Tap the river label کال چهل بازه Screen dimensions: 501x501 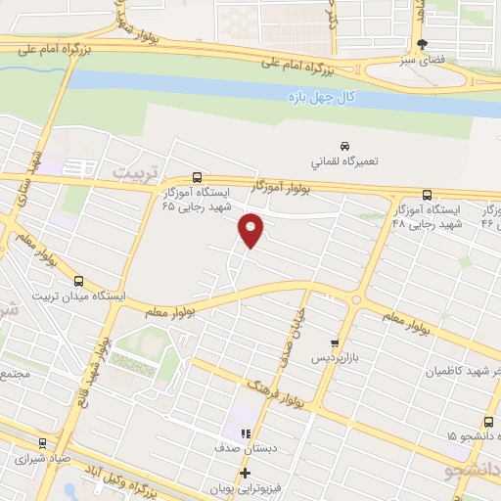[324, 98]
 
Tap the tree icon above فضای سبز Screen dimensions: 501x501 [423, 44]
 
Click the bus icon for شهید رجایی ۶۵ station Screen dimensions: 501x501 [198, 177]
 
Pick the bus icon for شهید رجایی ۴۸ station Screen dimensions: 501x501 [426, 195]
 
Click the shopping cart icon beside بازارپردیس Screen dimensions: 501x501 [335, 343]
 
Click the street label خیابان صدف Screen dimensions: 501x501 [291, 339]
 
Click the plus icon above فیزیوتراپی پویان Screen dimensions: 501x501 [246, 473]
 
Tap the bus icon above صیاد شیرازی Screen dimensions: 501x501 [42, 442]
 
